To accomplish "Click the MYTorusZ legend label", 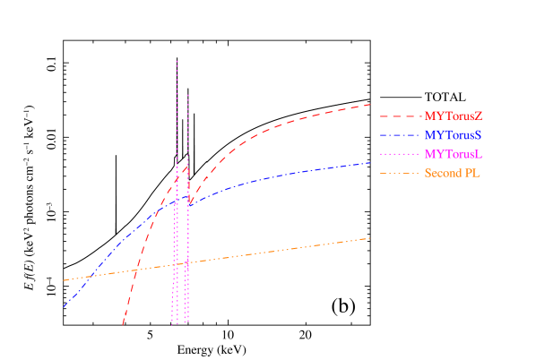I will pos(453,116).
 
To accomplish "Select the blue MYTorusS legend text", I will pos(453,135).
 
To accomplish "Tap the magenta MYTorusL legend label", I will pos(453,154).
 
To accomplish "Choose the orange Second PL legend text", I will pos(452,173).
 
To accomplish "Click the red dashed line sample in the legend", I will pos(399,116).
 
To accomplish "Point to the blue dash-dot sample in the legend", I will pos(399,135).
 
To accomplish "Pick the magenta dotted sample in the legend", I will pos(399,154).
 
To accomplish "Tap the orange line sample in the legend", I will pos(399,173).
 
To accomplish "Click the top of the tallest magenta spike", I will pos(177,61).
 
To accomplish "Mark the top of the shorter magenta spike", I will pos(188,94).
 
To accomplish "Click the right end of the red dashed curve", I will pos(370,105).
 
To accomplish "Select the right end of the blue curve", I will pos(370,163).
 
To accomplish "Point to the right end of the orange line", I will pos(370,238).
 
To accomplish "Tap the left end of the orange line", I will pos(64,280).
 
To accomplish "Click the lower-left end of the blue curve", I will pos(64,307).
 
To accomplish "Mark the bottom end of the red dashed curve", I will pos(123,324).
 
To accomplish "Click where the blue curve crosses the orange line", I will pos(91,276).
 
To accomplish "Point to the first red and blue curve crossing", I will pos(160,210).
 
